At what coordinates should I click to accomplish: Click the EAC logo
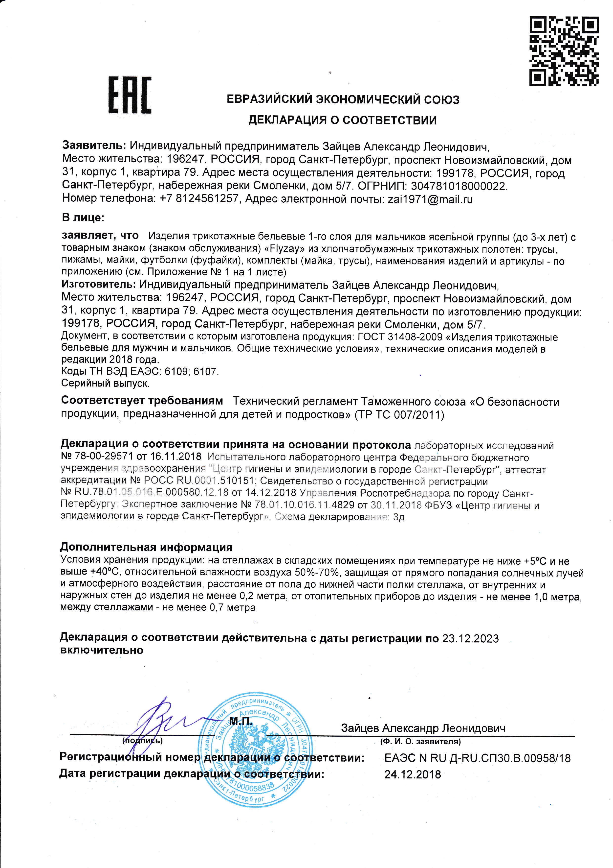130,95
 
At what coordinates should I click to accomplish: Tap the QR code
564,51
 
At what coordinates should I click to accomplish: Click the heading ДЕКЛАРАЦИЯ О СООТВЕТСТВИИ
342,120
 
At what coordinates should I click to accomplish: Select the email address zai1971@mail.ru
430,199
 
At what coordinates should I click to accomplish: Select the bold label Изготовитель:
98,284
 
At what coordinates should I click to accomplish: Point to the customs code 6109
176,372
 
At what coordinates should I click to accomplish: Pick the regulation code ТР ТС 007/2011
399,415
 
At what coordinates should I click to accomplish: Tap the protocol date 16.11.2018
176,457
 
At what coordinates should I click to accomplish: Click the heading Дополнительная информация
146,547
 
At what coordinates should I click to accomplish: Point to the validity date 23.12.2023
470,639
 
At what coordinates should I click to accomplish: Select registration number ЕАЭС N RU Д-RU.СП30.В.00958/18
477,758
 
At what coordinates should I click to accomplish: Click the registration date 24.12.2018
413,775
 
